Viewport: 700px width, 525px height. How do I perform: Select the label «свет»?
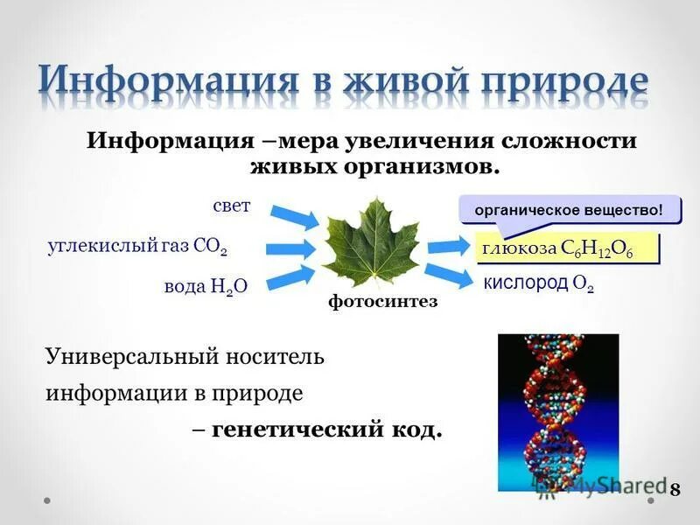[231, 206]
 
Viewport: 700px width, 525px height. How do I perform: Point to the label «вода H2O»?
[206, 288]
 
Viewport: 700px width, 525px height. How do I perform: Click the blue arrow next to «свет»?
[295, 215]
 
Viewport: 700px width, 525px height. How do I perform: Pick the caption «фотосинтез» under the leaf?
[382, 303]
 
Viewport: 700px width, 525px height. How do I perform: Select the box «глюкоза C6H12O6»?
[566, 249]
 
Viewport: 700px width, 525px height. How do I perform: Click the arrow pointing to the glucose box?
[449, 247]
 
